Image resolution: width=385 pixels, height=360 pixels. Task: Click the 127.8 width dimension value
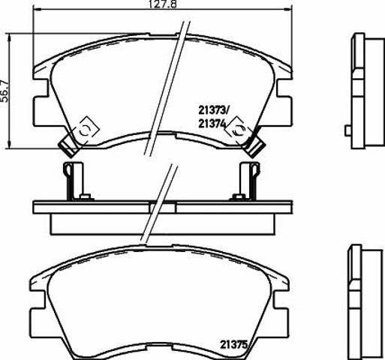point(163,4)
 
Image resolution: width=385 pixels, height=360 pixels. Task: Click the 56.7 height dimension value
point(5,91)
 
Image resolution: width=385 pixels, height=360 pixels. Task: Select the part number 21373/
point(212,109)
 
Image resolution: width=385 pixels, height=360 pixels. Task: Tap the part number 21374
point(212,124)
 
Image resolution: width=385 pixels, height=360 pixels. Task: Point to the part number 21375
point(233,345)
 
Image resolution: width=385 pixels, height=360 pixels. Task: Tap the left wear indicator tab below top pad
point(68,148)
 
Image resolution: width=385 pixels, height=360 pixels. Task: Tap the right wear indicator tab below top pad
point(254,148)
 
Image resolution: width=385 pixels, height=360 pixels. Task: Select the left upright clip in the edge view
point(73,181)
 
